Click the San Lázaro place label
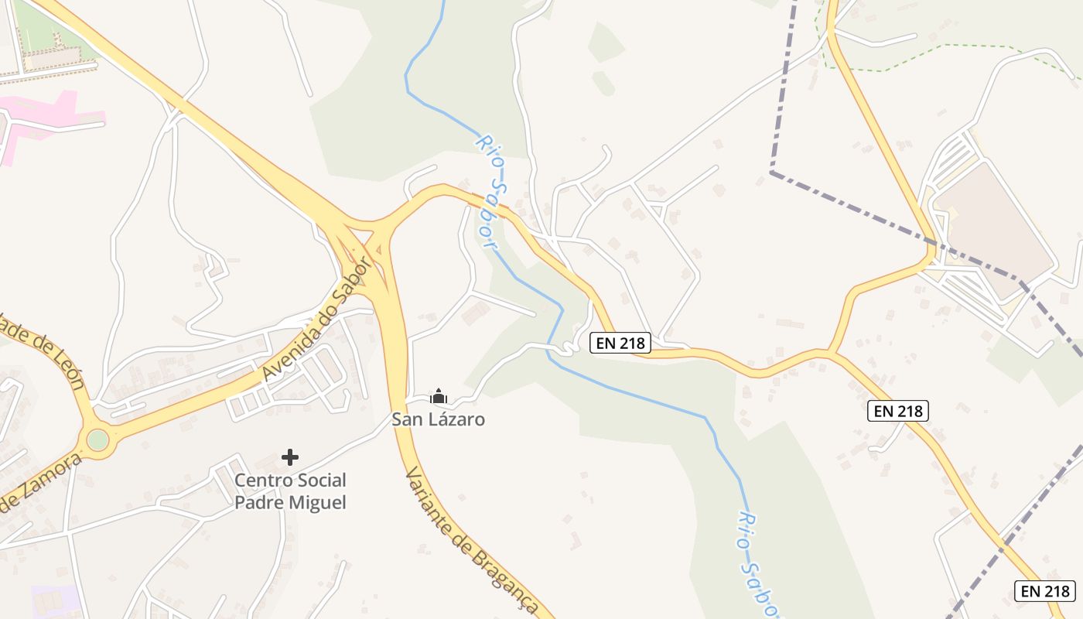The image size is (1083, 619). coord(438,419)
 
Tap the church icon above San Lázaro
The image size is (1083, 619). coord(439,397)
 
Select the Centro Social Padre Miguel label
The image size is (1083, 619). coord(290,491)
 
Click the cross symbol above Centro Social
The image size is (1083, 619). coord(290,457)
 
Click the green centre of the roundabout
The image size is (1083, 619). coord(97,439)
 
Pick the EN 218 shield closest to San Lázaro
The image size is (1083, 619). coord(620,343)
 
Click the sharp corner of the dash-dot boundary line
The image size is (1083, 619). coord(772,172)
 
